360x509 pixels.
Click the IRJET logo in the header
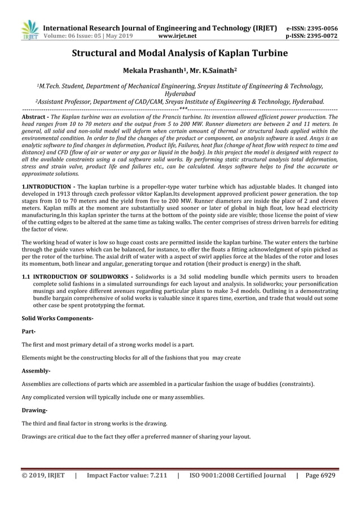tap(29, 30)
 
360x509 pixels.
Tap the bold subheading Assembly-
tap(36, 371)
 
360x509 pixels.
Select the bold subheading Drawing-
tap(34, 410)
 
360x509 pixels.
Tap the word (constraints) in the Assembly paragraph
tap(296, 384)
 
